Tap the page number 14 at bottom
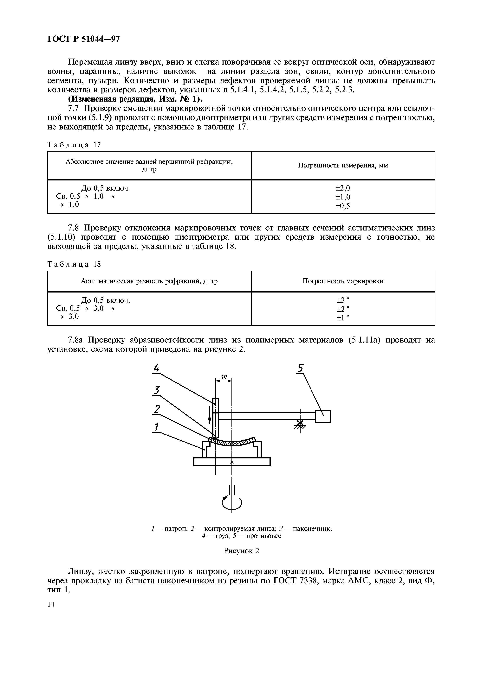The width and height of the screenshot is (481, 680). click(51, 604)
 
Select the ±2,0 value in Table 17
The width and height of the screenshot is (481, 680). click(343, 188)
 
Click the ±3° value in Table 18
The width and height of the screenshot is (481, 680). click(343, 300)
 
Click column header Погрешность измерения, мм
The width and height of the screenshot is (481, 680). click(343, 166)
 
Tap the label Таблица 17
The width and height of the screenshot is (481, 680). click(74, 145)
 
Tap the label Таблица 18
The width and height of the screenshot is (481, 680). click(74, 264)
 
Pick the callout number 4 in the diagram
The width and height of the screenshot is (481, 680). click(156, 368)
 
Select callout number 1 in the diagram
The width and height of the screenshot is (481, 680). click(156, 427)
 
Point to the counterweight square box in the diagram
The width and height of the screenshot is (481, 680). click(323, 416)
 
